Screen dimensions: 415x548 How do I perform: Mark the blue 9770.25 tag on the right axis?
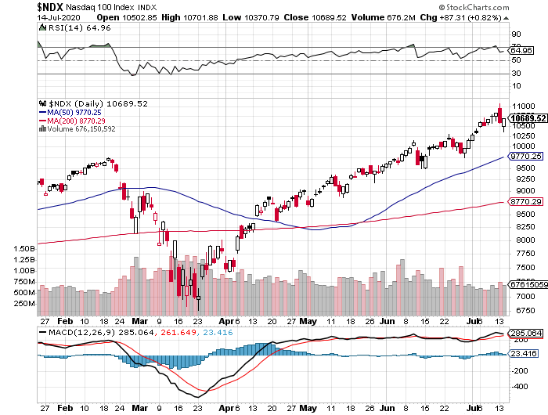coord(525,157)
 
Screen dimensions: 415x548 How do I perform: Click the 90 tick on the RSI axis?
coord(516,34)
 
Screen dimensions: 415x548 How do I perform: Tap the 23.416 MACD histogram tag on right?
coord(523,354)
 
